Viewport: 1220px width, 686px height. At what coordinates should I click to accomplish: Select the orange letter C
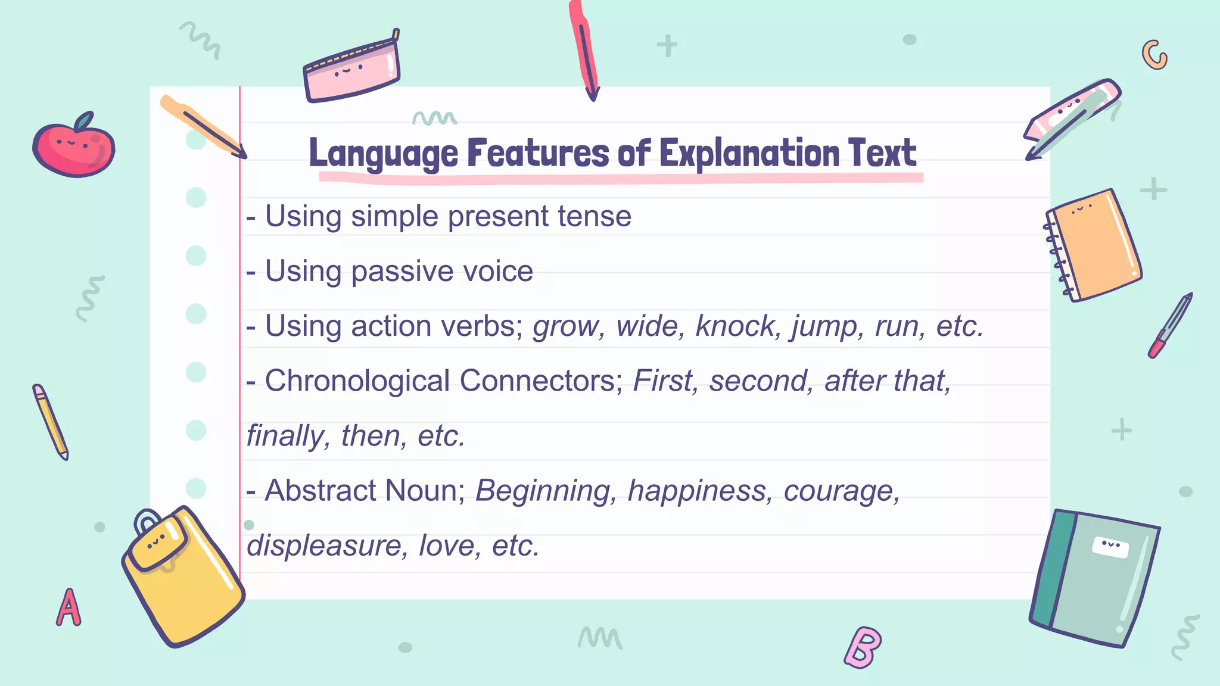(1154, 55)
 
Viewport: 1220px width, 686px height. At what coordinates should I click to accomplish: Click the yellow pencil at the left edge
(50, 422)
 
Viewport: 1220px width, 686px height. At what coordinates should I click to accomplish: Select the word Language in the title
(383, 154)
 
